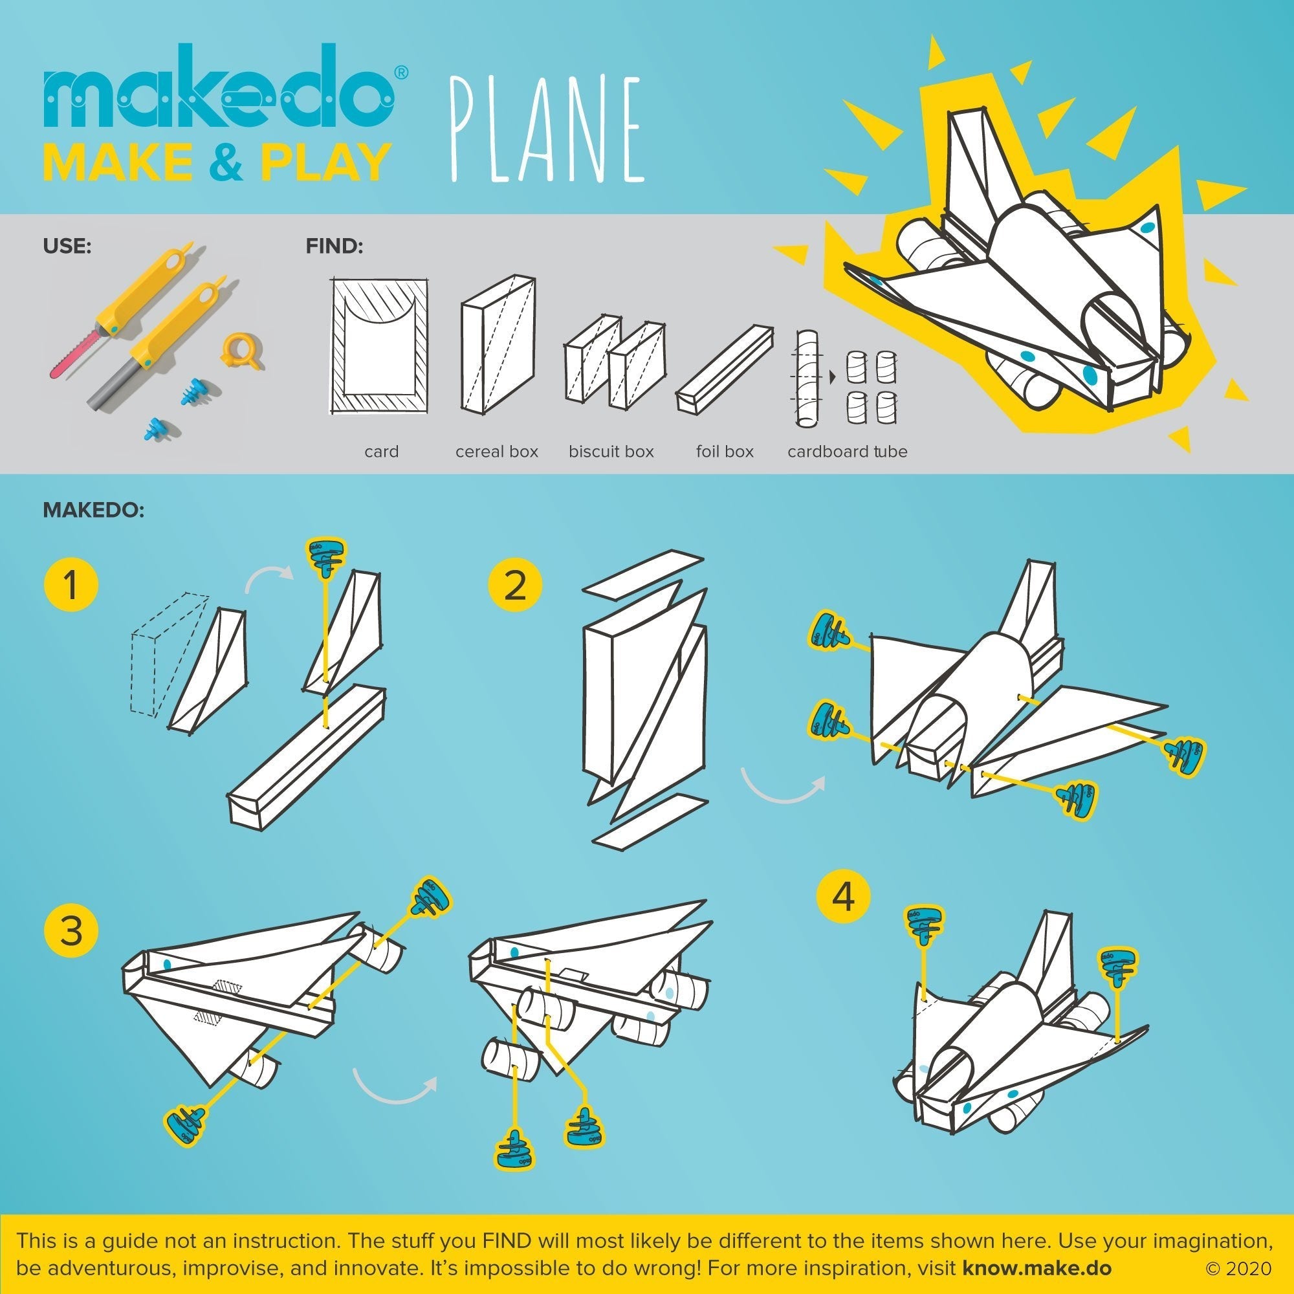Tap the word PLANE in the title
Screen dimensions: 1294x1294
tap(547, 130)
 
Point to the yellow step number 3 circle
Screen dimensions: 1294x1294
tap(71, 931)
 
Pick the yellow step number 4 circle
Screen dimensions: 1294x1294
tap(843, 896)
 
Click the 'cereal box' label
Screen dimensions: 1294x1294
tap(496, 452)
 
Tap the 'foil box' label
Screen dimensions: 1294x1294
tap(724, 452)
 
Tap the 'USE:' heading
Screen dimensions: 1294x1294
tap(67, 247)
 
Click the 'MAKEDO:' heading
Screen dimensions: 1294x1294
tap(94, 510)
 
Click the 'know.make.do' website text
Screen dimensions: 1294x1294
tap(1036, 1269)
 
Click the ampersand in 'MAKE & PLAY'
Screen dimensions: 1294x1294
tap(230, 162)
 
